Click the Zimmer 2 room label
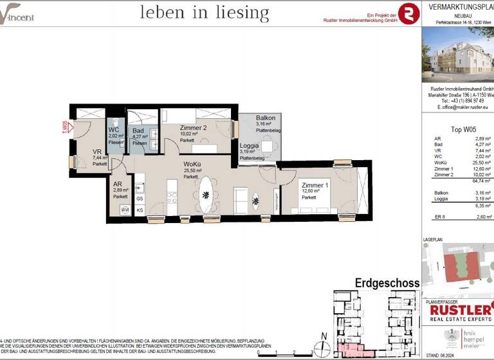[x=175, y=127]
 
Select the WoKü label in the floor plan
[x=192, y=165]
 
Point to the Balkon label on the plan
[x=266, y=118]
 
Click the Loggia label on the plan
[x=249, y=146]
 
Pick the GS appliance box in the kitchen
[x=140, y=199]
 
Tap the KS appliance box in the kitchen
[x=140, y=210]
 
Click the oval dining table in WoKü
[x=206, y=194]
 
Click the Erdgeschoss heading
[x=387, y=283]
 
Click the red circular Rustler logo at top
[x=408, y=12]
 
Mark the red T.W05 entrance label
[x=64, y=126]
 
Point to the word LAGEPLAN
[x=434, y=239]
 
